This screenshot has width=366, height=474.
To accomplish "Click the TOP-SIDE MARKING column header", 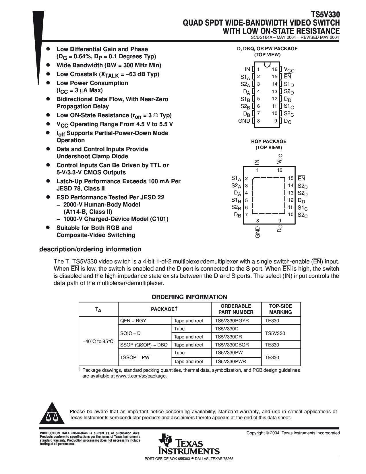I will coord(280,309).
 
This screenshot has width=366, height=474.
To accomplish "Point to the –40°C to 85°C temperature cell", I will coord(98,341).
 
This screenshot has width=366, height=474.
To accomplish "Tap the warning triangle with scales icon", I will coord(52,415).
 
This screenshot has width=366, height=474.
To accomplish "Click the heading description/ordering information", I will coord(90,249).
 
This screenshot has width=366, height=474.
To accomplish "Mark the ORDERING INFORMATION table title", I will coord(189,297).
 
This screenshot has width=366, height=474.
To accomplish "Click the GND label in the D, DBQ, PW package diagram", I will coord(244,121).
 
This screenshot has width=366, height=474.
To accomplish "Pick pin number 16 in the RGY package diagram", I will coord(280,170).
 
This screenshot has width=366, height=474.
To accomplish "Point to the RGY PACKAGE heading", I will coord(269,141).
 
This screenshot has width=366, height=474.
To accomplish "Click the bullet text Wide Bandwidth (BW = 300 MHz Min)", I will coord(109,65).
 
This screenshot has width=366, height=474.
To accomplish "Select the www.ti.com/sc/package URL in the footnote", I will coord(141,376).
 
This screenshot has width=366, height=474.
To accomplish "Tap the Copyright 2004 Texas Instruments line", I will coord(293,433).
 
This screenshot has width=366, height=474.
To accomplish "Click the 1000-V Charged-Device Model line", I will coord(116,219).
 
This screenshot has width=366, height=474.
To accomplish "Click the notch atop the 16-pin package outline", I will coord(267,63).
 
